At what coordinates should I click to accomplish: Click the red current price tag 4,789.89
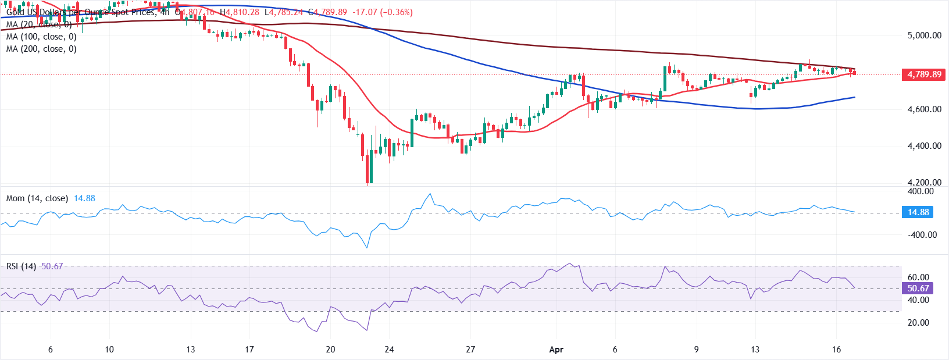pyautogui.click(x=924, y=74)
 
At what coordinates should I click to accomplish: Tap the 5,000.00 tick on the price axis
pyautogui.click(x=924, y=35)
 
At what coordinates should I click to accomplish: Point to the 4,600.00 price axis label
pyautogui.click(x=924, y=109)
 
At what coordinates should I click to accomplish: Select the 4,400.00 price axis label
pyautogui.click(x=924, y=146)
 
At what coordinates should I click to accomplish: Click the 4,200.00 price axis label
pyautogui.click(x=924, y=183)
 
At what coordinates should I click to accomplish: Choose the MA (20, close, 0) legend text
pyautogui.click(x=39, y=24)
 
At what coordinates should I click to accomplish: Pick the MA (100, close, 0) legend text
pyautogui.click(x=41, y=37)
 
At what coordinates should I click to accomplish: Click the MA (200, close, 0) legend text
pyautogui.click(x=41, y=49)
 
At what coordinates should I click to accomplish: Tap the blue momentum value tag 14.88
pyautogui.click(x=918, y=212)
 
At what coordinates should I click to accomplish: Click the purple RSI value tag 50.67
pyautogui.click(x=918, y=288)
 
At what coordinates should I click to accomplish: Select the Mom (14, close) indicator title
pyautogui.click(x=37, y=198)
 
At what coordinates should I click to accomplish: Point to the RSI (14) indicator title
pyautogui.click(x=21, y=266)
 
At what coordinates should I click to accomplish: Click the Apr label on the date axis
pyautogui.click(x=556, y=350)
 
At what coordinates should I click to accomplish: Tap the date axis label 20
pyautogui.click(x=330, y=350)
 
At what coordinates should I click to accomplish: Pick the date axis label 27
pyautogui.click(x=470, y=350)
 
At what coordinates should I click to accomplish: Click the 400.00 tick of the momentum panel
pyautogui.click(x=921, y=191)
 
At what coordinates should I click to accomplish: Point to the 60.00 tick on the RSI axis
pyautogui.click(x=918, y=277)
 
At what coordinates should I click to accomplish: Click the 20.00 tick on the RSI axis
pyautogui.click(x=918, y=323)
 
